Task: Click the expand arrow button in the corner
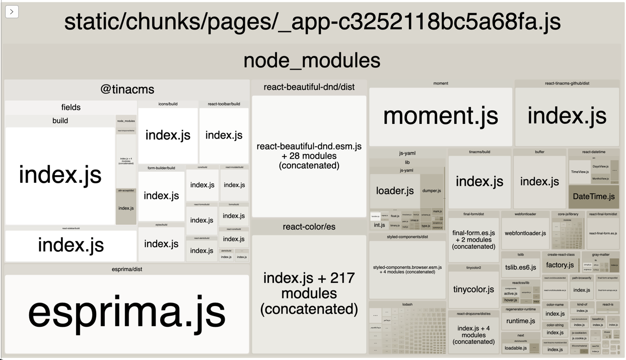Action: click(x=12, y=12)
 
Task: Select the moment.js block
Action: click(x=441, y=116)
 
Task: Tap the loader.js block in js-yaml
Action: click(x=395, y=191)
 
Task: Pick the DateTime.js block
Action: click(x=593, y=197)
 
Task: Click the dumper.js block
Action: click(x=432, y=191)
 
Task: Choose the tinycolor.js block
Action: click(x=473, y=290)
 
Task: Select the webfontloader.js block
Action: click(x=525, y=233)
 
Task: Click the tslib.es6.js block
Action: click(x=520, y=267)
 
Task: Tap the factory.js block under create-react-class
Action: click(x=560, y=265)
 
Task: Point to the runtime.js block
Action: click(x=520, y=321)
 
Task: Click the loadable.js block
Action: click(x=516, y=348)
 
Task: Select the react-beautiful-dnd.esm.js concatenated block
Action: click(x=309, y=156)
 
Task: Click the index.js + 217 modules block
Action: click(x=309, y=293)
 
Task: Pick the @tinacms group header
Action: click(x=127, y=90)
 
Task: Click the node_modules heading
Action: click(x=312, y=60)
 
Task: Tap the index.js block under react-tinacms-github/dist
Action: click(x=567, y=116)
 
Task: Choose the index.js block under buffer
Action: click(x=539, y=182)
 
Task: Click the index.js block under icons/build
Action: click(x=168, y=135)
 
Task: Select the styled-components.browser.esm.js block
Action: click(x=407, y=269)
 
